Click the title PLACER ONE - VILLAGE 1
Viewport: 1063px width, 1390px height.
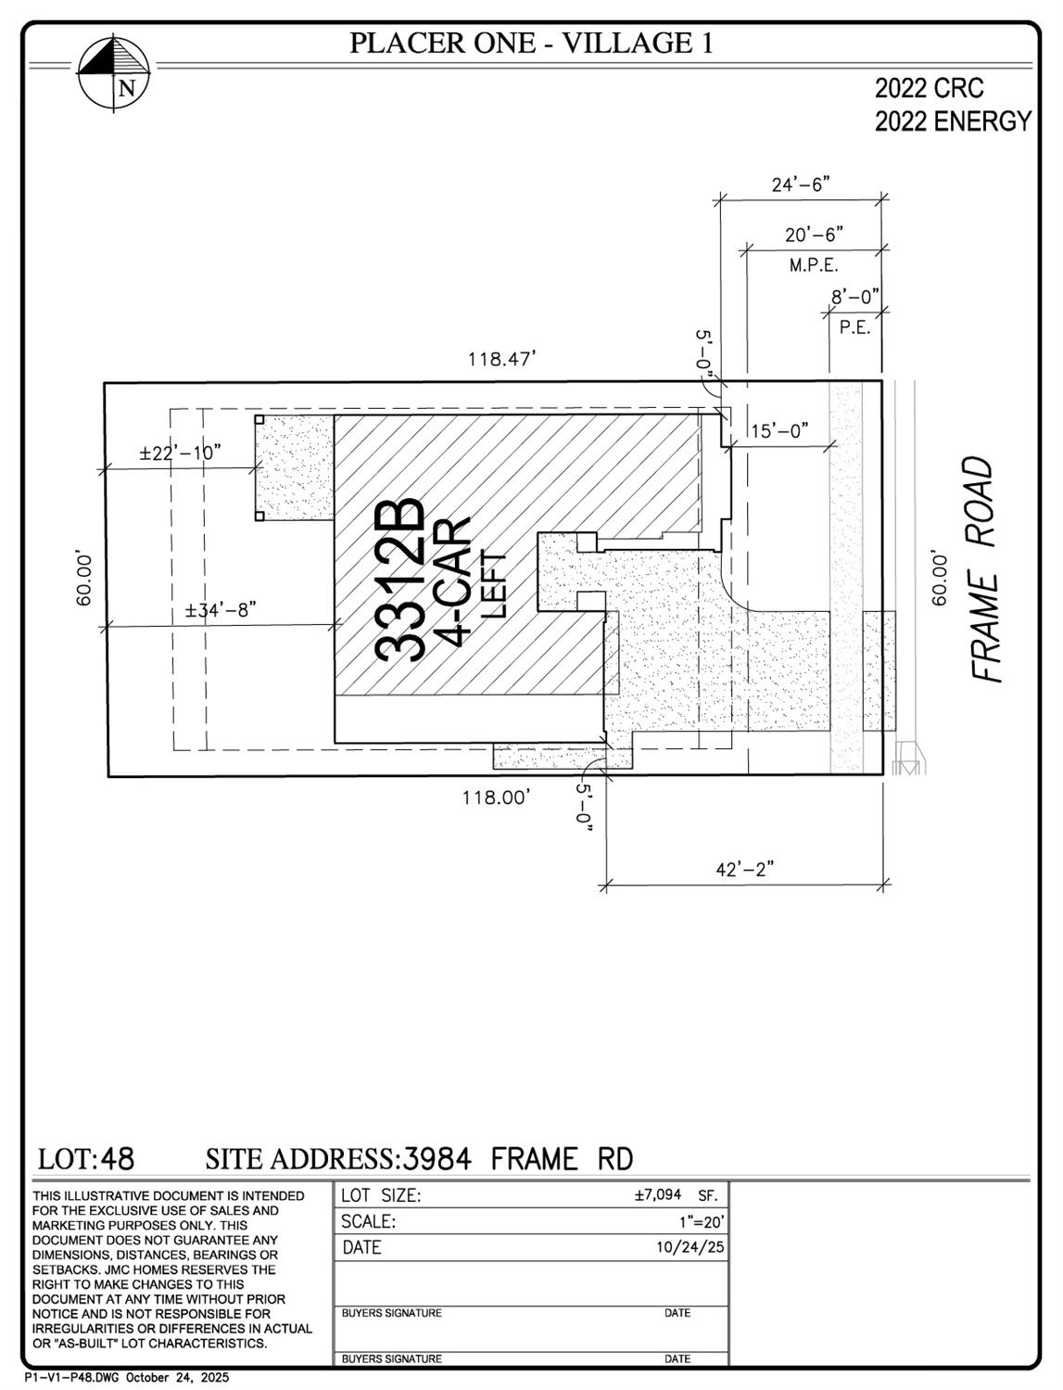531,43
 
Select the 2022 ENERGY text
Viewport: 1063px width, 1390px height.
952,121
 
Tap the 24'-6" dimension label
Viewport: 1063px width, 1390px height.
800,185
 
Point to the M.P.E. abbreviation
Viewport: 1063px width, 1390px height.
814,266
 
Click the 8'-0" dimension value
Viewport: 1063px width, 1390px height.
854,298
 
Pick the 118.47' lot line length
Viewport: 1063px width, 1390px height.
502,359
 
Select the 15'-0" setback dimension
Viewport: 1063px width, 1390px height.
779,431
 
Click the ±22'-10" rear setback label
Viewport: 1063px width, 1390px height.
181,453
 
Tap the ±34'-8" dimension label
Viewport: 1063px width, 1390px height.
220,610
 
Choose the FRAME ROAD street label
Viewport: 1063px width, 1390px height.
985,569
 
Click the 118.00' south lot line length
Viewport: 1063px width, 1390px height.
497,797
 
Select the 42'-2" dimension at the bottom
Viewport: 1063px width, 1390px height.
744,870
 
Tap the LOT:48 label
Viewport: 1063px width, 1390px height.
86,1159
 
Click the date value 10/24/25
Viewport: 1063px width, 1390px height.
690,1248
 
